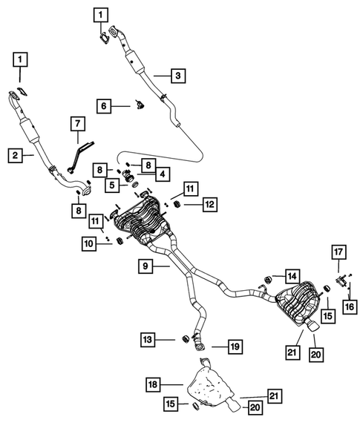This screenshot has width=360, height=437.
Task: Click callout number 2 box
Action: [14, 155]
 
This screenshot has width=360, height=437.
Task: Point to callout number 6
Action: [105, 106]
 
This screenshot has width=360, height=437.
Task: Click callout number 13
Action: [149, 339]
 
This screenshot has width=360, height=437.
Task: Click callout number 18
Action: [152, 384]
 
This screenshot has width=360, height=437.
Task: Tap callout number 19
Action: [234, 346]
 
